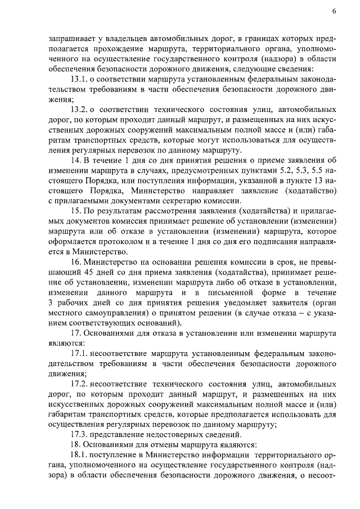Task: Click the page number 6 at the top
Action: [334, 12]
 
